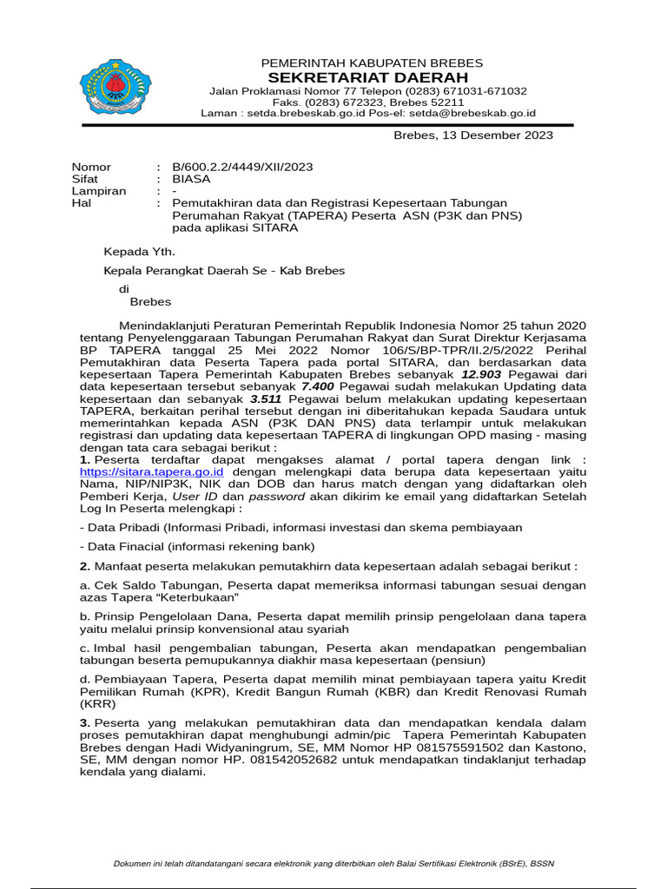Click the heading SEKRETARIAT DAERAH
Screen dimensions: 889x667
[x=372, y=78]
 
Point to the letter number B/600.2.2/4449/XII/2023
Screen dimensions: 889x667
[x=242, y=167]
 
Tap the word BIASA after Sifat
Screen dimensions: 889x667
[x=191, y=179]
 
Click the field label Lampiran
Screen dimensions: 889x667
[x=98, y=191]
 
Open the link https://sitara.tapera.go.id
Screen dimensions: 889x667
[x=151, y=471]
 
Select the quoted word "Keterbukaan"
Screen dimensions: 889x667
[x=199, y=597]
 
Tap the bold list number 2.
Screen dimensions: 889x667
[x=84, y=566]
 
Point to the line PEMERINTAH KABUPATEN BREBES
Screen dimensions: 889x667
[x=372, y=63]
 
